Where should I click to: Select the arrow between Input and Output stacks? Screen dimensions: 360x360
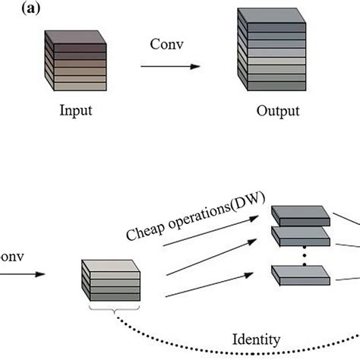coord(171,66)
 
